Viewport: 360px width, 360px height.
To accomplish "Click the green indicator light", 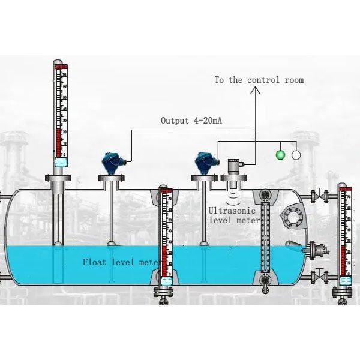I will pyautogui.click(x=280, y=155).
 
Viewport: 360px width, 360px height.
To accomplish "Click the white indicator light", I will pyautogui.click(x=296, y=155).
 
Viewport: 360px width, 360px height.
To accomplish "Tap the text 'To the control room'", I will pyautogui.click(x=259, y=80).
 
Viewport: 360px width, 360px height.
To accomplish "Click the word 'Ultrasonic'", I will pyautogui.click(x=232, y=211).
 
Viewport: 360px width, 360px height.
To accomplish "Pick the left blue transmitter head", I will pyautogui.click(x=112, y=161).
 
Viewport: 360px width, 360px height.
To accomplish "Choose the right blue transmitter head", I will pyautogui.click(x=204, y=161).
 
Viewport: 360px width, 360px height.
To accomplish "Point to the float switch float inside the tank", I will pyautogui.click(x=295, y=245).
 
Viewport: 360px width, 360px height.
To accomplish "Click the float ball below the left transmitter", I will pyautogui.click(x=112, y=244).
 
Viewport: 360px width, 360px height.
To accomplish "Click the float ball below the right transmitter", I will pyautogui.click(x=204, y=244).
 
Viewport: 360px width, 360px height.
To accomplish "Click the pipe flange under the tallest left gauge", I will pyautogui.click(x=58, y=178).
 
